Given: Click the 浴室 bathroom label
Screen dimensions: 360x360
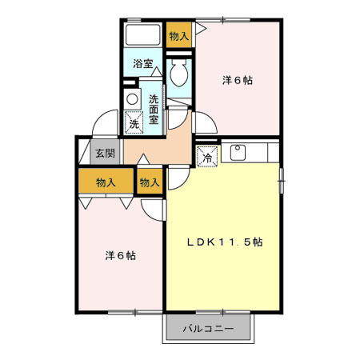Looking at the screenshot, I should (143, 64).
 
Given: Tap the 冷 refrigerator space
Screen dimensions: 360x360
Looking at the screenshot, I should (206, 157).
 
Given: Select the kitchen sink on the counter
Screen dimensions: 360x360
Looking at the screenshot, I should (237, 150).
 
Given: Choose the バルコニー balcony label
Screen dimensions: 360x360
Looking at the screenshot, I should (208, 328).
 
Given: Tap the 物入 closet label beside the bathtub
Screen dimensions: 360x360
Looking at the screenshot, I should (179, 35).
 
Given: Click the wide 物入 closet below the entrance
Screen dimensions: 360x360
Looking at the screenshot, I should (106, 182).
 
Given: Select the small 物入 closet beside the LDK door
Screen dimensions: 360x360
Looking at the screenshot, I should (150, 182).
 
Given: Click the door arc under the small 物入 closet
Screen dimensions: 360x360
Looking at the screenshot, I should (150, 206).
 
